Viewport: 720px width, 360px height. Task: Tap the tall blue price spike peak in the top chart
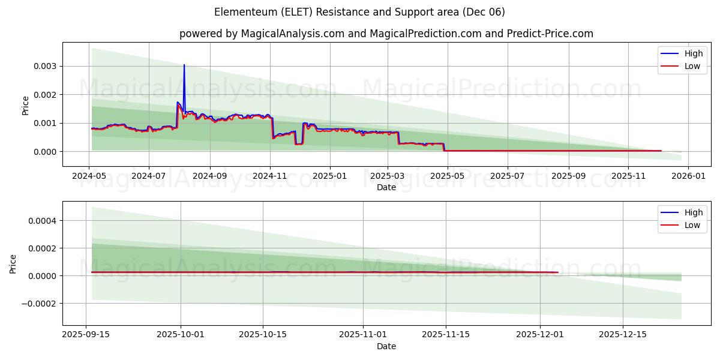click(x=184, y=65)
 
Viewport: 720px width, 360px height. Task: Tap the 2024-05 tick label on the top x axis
click(x=89, y=176)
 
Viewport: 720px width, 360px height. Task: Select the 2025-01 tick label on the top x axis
click(x=329, y=176)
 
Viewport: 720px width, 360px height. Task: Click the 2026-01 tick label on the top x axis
click(x=688, y=176)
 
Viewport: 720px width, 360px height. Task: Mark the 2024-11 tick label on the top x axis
click(x=270, y=176)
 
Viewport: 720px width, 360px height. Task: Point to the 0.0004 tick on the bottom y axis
click(x=42, y=221)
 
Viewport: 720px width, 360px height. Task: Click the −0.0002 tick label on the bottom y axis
click(x=39, y=304)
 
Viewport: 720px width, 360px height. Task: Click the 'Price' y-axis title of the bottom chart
click(x=13, y=263)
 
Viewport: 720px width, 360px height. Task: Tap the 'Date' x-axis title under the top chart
click(x=386, y=187)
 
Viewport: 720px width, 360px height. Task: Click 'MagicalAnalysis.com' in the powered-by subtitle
click(x=292, y=34)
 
